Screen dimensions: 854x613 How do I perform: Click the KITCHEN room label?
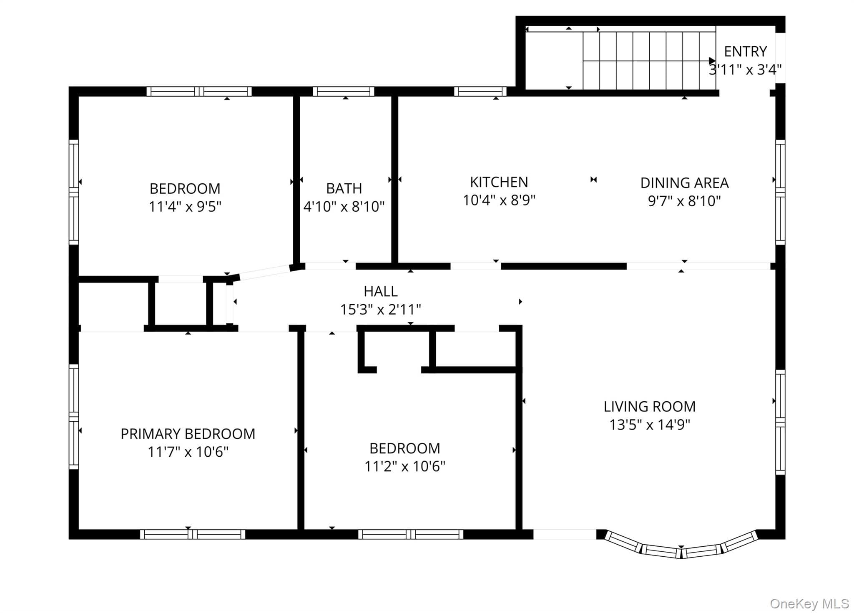point(499,182)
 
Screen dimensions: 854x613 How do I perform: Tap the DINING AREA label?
point(684,183)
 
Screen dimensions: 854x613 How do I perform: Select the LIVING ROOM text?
point(650,406)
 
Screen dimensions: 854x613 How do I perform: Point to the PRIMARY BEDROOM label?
point(188,434)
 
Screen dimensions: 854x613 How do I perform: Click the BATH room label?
point(344,188)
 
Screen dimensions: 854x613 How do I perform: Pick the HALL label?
point(380,291)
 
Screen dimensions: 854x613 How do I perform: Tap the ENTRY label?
point(745,51)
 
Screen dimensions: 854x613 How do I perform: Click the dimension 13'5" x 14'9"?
point(650,425)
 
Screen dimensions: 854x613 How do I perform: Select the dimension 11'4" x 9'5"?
point(185,207)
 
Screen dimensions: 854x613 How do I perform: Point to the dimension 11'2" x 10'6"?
point(405,466)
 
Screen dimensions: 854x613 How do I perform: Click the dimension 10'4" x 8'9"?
point(499,200)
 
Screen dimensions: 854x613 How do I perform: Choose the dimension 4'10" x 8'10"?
point(344,207)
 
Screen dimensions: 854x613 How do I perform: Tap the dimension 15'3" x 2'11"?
point(380,310)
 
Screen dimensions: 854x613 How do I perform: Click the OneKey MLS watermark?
point(809,603)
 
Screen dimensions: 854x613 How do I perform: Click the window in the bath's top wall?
point(344,91)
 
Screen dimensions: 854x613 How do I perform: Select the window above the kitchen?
point(480,91)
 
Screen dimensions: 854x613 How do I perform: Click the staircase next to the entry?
point(649,60)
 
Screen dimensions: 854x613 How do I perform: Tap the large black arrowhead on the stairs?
point(712,61)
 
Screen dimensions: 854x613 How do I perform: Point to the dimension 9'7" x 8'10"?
point(684,201)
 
